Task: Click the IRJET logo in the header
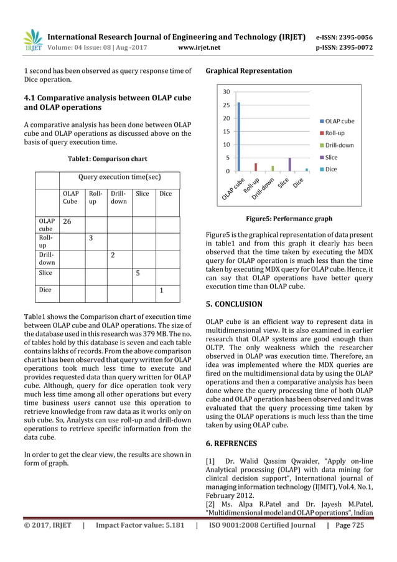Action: tap(32, 40)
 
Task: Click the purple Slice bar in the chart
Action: tap(289, 164)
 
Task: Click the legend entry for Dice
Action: tap(331, 169)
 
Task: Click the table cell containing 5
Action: tap(144, 272)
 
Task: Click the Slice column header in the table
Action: tap(142, 194)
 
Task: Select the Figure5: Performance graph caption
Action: tap(289, 219)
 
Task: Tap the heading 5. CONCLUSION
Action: tap(234, 305)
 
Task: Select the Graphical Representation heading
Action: tap(248, 70)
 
